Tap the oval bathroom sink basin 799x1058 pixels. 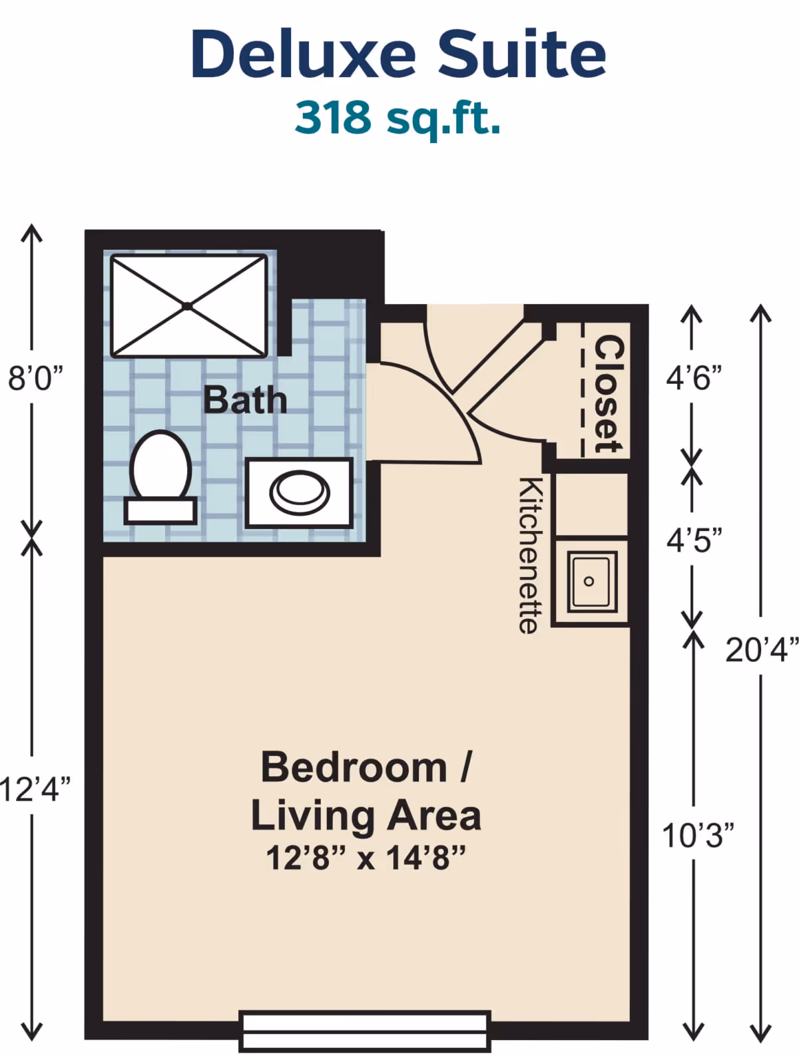click(299, 493)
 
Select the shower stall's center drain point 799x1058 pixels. click(188, 306)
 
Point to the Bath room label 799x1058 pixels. click(245, 400)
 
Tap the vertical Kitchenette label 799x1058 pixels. click(529, 556)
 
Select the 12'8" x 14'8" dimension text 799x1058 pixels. click(366, 858)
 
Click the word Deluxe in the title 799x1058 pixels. click(303, 55)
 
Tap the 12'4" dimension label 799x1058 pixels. click(35, 789)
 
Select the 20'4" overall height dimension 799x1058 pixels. click(761, 649)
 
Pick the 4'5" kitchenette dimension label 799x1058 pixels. click(694, 540)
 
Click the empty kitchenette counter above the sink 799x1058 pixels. click(591, 504)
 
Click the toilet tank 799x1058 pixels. click(160, 510)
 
